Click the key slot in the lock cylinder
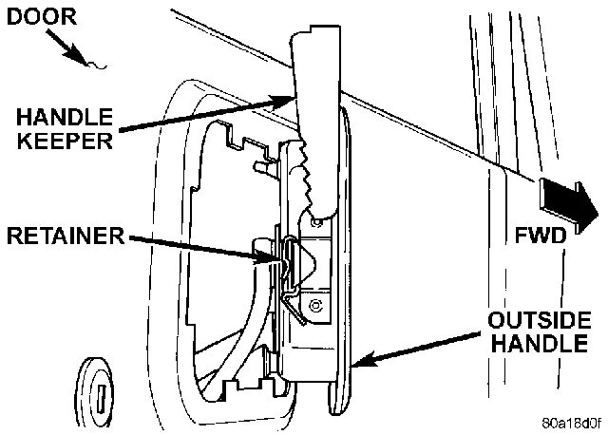click(x=98, y=388)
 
